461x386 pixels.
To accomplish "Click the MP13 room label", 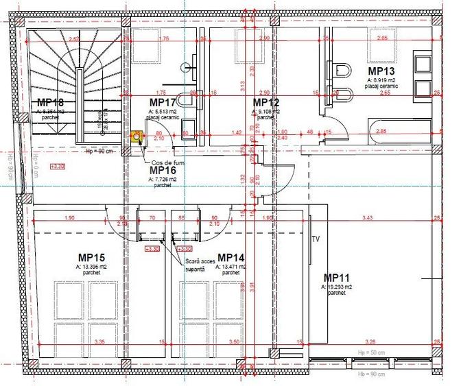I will (x=381, y=71).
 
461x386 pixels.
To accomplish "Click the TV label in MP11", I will (x=316, y=239).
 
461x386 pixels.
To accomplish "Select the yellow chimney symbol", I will (x=137, y=136).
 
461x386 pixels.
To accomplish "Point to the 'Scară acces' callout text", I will (x=200, y=262).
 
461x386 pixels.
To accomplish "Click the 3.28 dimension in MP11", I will (x=370, y=341).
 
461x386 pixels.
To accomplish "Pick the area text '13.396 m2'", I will (x=91, y=266).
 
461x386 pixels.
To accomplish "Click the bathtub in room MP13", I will (x=394, y=130).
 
